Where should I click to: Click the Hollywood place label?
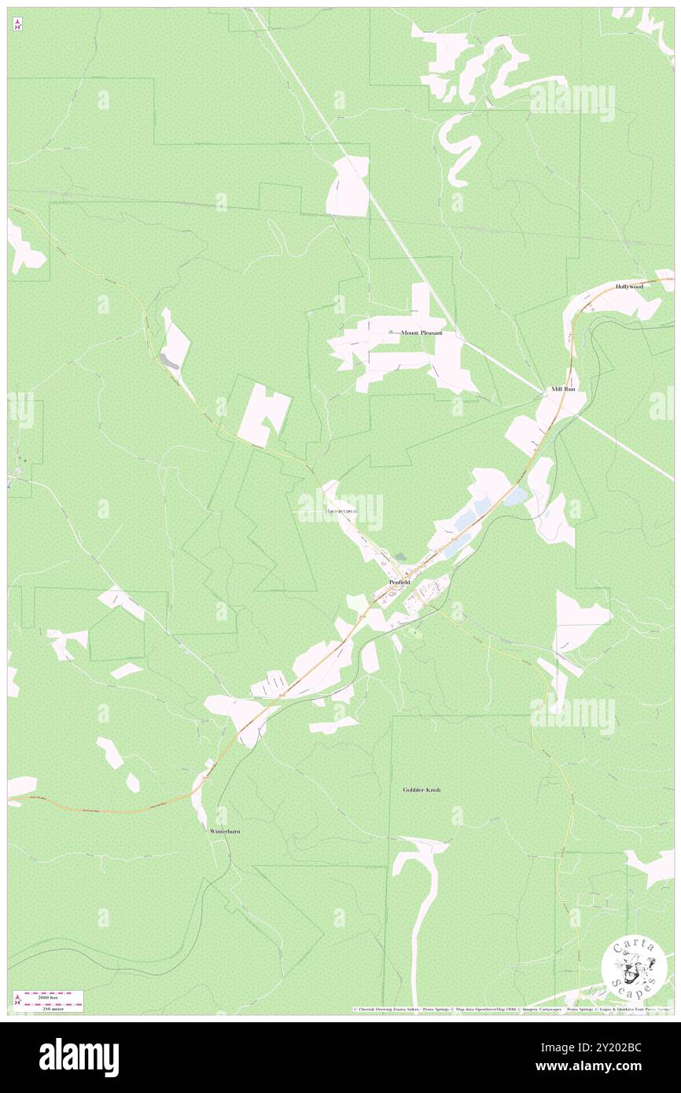click(x=629, y=287)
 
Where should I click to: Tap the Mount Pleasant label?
click(x=421, y=333)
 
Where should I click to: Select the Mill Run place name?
click(x=563, y=389)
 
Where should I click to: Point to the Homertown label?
click(x=340, y=511)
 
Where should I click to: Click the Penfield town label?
click(x=399, y=582)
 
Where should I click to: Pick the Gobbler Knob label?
click(x=421, y=789)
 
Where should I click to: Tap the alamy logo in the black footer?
click(x=79, y=1057)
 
